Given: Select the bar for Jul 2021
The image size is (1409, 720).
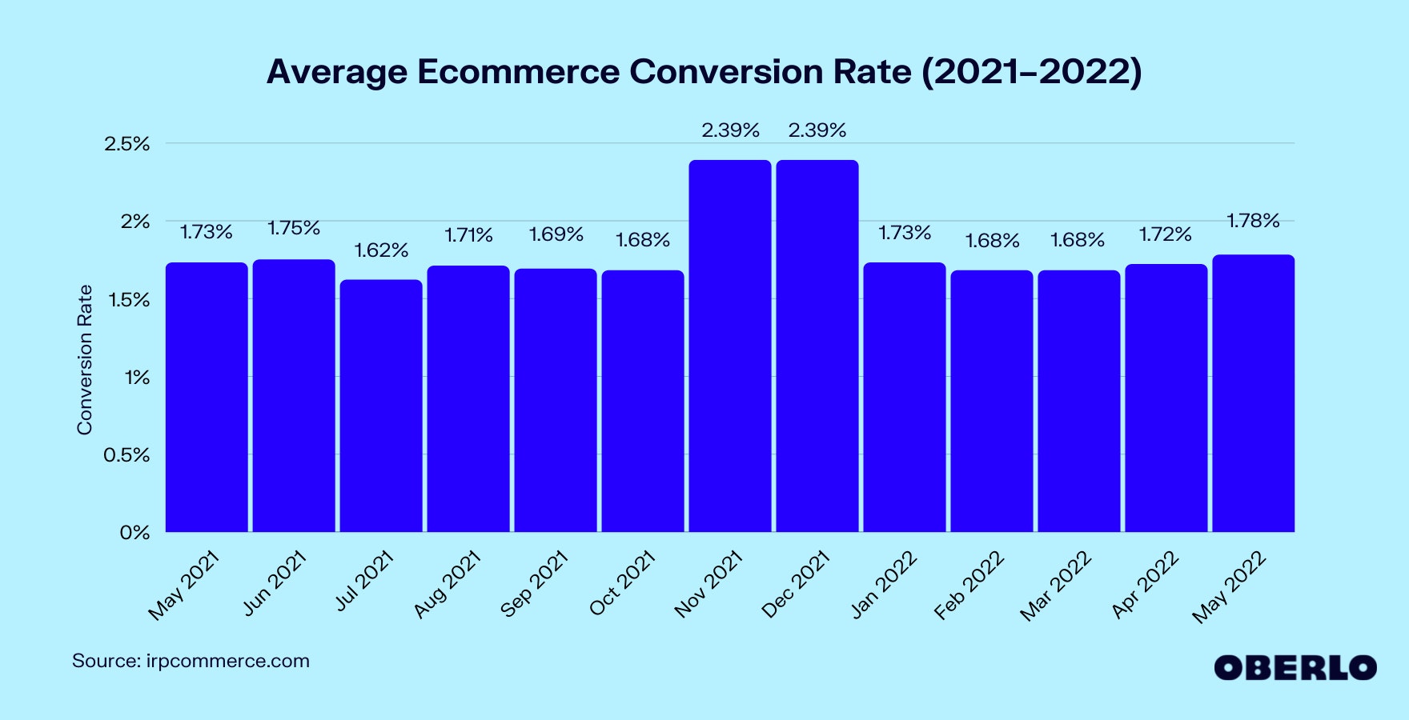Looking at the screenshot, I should tap(381, 406).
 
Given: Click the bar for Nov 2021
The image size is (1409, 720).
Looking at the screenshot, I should tap(730, 346).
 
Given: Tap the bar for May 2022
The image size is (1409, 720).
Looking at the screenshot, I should tap(1253, 393).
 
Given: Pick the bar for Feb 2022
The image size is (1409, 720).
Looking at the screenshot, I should tap(991, 401).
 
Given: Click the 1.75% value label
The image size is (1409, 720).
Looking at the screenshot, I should tap(294, 229).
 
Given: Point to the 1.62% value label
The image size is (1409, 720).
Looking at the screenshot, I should tap(381, 250).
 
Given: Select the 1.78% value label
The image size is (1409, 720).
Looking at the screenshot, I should tap(1253, 221).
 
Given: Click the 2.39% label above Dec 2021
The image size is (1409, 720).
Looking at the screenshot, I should tap(817, 130).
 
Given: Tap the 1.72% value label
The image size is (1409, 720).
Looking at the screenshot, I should tap(1166, 234).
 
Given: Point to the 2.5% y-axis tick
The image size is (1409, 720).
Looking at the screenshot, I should tap(126, 144).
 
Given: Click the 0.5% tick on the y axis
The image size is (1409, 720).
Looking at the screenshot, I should tap(126, 455).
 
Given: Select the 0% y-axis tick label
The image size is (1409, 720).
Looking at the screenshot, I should tap(134, 533).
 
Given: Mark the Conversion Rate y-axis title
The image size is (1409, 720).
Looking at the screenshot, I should tap(85, 360).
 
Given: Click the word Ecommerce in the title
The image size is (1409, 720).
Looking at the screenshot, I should tap(518, 72).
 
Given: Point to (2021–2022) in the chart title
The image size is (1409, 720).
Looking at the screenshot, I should tap(1032, 72).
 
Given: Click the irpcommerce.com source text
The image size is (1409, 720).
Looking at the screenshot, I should tap(227, 662).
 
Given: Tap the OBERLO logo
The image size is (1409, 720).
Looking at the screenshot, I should tap(1295, 668).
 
